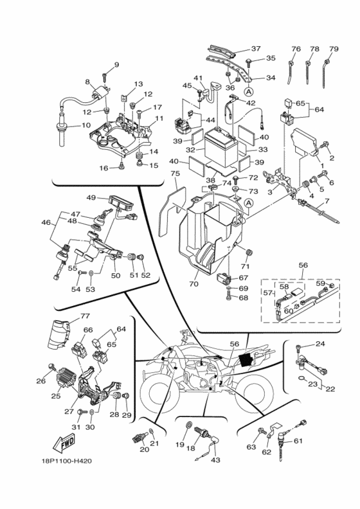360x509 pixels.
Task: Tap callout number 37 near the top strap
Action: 255,49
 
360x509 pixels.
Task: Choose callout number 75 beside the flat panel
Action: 174,174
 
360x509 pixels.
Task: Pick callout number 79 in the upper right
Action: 333,49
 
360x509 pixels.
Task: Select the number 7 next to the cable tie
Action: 326,202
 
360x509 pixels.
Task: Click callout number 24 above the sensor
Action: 319,344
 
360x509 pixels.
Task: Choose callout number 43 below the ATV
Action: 215,460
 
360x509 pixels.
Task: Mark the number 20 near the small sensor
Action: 144,449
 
